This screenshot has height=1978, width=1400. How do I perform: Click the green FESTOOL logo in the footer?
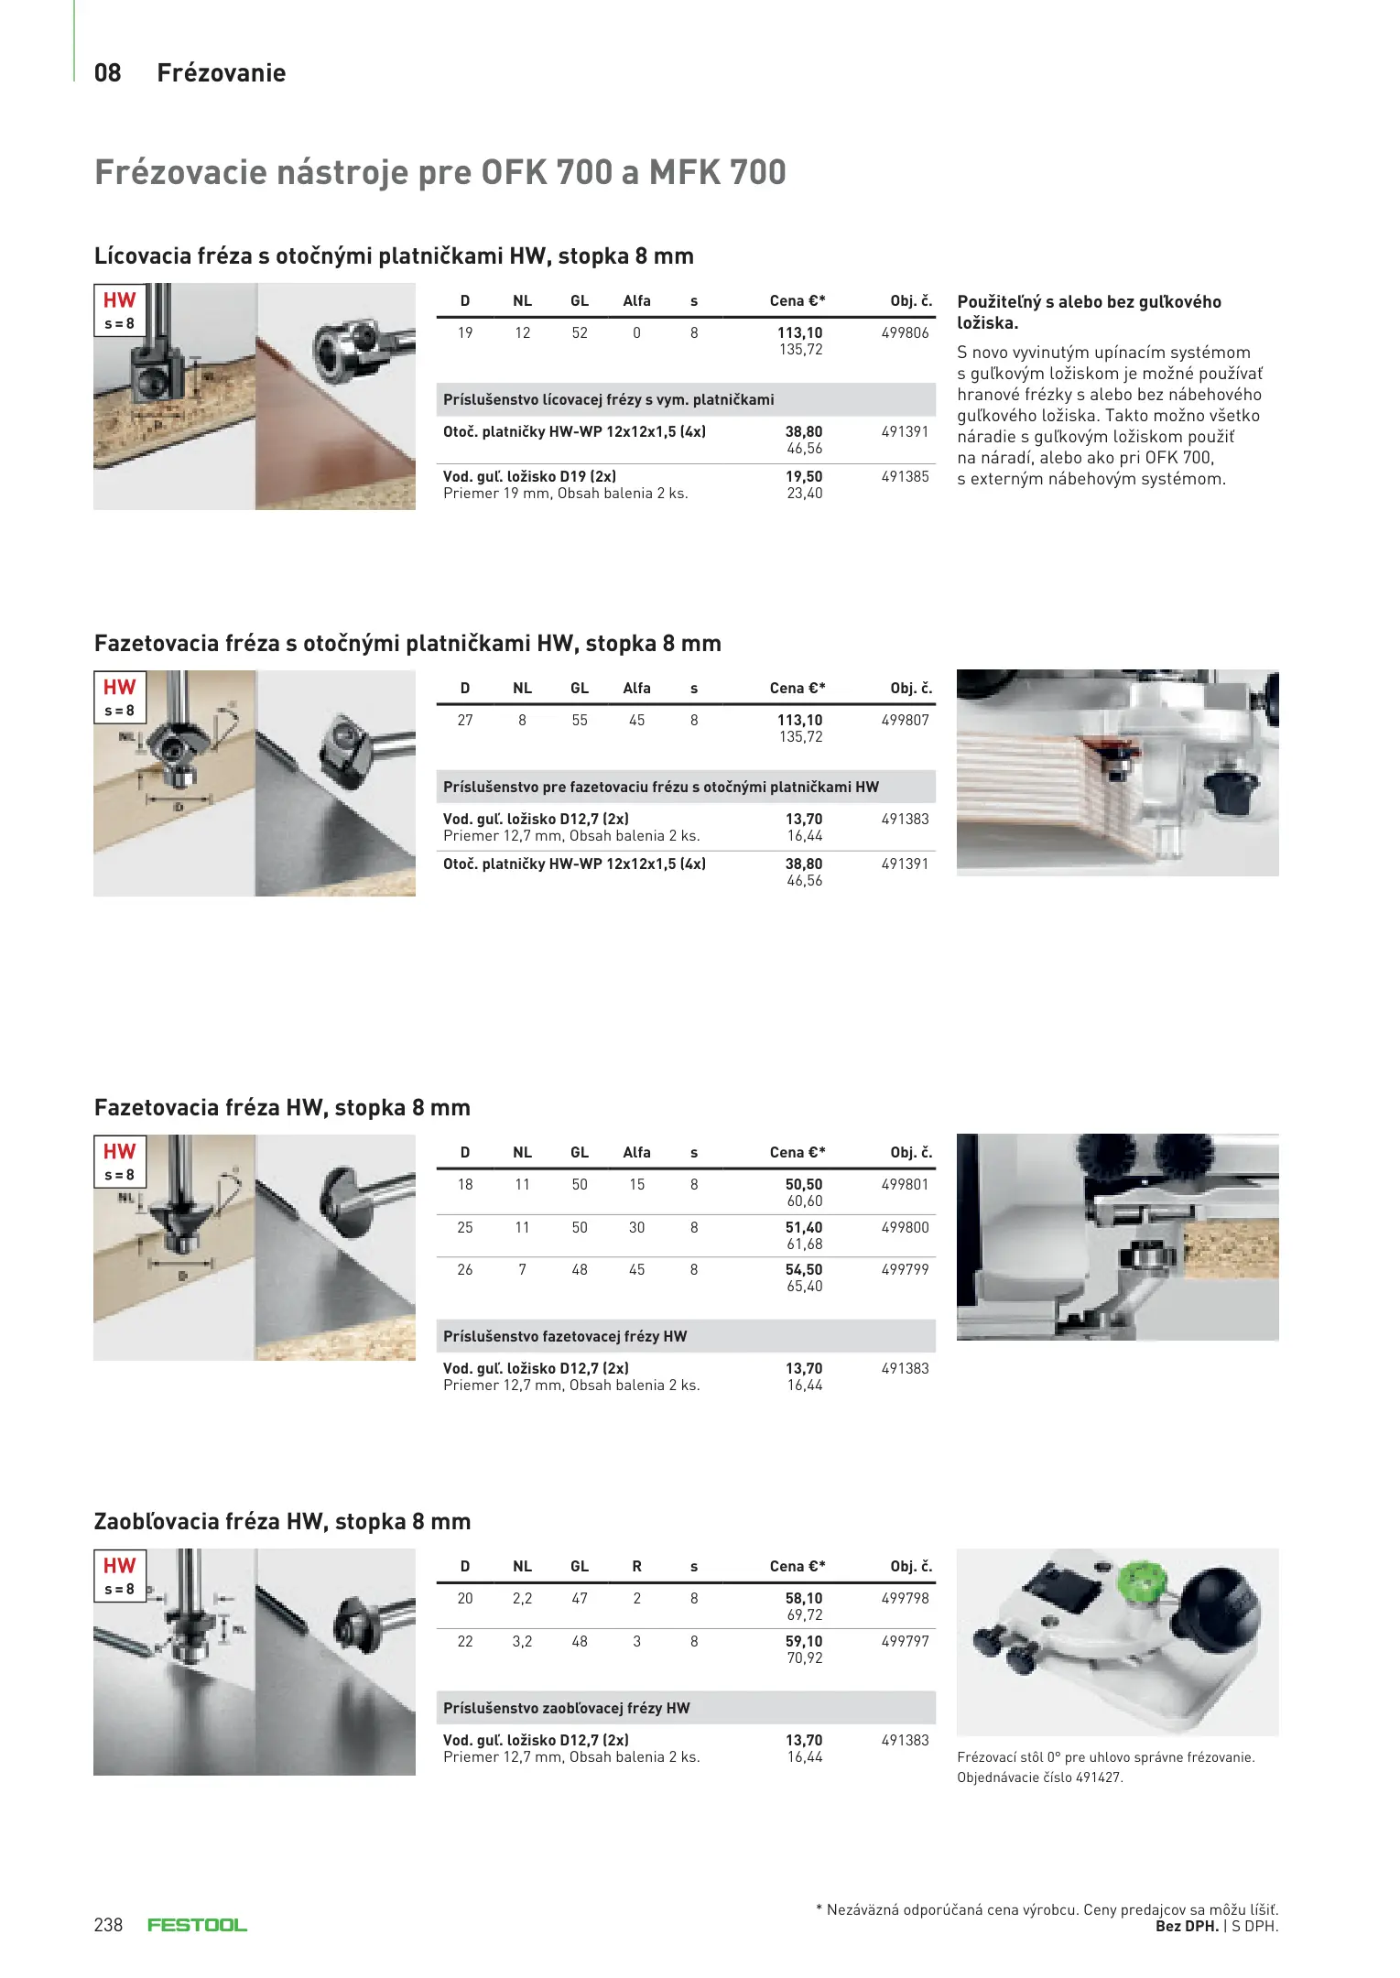(197, 1925)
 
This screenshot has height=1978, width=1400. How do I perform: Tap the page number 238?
(108, 1925)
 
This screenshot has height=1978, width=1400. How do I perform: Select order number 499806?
(905, 333)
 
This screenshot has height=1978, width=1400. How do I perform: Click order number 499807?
(905, 721)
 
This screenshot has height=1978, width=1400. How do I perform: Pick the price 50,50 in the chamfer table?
(803, 1185)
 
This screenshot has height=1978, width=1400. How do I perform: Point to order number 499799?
(905, 1270)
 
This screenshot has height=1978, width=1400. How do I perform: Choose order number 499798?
(905, 1599)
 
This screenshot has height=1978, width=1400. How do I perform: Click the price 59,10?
(803, 1642)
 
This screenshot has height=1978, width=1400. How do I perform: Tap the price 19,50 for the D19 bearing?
(803, 477)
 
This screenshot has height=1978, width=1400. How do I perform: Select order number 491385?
(905, 477)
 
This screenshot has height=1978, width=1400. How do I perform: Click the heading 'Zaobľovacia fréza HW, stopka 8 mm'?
(282, 1522)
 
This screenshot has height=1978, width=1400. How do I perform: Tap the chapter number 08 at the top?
(107, 73)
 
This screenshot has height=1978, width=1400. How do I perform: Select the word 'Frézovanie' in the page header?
(222, 73)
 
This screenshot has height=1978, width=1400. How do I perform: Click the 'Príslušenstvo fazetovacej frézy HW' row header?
(565, 1337)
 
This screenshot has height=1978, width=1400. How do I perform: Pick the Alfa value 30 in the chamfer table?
(636, 1228)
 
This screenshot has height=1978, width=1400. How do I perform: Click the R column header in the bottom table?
(636, 1567)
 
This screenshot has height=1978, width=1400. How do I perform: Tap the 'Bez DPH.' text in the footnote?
(1187, 1927)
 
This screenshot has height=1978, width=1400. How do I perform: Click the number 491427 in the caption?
(1099, 1777)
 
